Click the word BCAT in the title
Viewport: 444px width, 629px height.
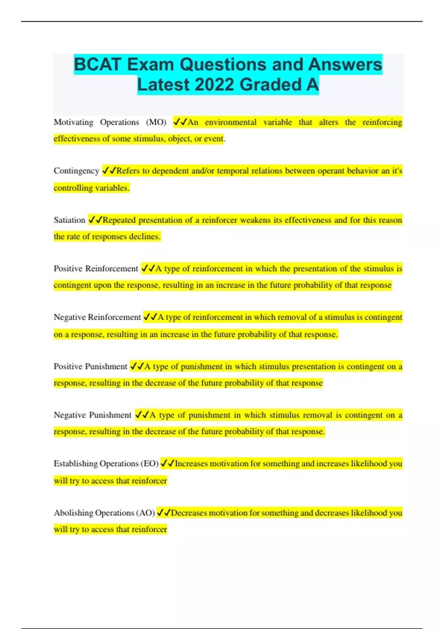[98, 64]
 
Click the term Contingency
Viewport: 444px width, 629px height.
[76, 171]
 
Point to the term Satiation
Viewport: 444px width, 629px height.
[70, 220]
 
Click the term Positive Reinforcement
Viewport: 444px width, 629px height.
[96, 269]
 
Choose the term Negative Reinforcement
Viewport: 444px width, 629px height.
[97, 317]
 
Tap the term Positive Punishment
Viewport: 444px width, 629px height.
[90, 366]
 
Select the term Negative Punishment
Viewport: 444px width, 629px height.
[92, 415]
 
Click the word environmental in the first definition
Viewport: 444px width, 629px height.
[231, 122]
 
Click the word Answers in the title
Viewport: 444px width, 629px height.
[344, 64]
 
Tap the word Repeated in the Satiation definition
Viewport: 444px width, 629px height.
[119, 220]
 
